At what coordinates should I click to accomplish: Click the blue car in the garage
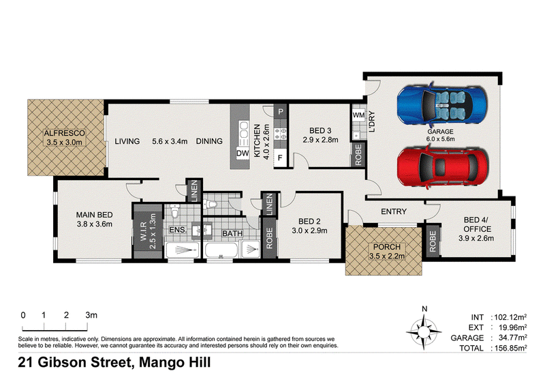coord(442,105)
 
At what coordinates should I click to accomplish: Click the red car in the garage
coord(442,168)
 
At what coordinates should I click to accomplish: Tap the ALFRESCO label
coord(64,133)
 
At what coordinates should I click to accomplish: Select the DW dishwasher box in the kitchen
coord(243,153)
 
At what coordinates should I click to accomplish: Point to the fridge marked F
coord(280,158)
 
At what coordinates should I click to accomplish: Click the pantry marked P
coord(281,112)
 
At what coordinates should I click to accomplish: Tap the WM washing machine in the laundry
coord(358,115)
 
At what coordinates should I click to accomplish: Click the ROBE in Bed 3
coord(358,155)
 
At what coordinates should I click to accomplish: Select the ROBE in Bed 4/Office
coord(433,241)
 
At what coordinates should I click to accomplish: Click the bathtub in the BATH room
coord(221,250)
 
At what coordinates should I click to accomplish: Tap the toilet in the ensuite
coord(174,211)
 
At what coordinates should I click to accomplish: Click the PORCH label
coord(387,247)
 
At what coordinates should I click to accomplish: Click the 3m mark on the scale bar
coord(87,327)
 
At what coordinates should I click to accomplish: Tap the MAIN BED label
coord(95,215)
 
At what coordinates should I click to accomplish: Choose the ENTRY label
coord(394,211)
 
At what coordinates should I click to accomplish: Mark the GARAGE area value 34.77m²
coord(510,338)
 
